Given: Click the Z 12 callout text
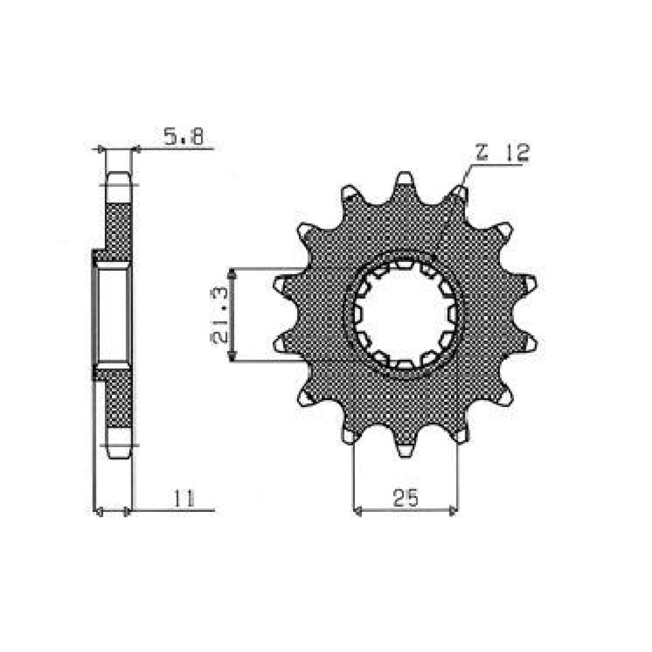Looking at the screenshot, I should tap(501, 154).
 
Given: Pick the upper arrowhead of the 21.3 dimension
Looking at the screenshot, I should tap(232, 275).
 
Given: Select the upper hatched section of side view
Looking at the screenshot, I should tap(118, 228).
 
